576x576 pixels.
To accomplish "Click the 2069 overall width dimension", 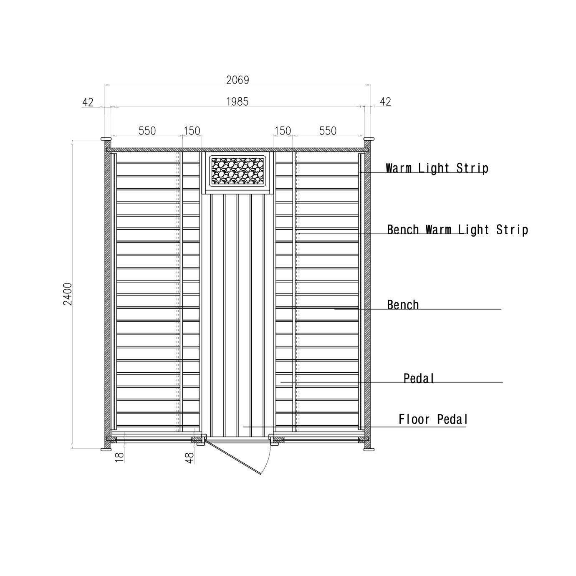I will tap(237, 80).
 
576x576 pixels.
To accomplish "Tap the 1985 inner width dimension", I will tap(237, 101).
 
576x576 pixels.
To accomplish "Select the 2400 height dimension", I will tap(68, 294).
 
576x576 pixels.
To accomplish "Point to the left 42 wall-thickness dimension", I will tap(88, 102).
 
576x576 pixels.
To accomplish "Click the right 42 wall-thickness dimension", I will tap(385, 101).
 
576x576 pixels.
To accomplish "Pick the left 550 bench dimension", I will tap(147, 131).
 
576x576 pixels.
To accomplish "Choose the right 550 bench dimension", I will tap(328, 131).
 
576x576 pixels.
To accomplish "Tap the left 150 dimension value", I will tap(192, 131).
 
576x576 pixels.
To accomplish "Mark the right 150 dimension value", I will tap(283, 131).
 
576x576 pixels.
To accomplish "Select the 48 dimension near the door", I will tap(190, 458).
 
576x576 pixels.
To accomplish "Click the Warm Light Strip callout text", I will tap(437, 168).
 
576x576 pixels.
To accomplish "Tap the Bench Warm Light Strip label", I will tap(457, 230).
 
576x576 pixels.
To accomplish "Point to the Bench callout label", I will tap(403, 305).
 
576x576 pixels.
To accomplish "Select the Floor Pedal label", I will tap(433, 419).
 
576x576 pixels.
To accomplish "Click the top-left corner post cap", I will tap(106, 139).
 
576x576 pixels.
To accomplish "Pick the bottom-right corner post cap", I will tap(369, 450).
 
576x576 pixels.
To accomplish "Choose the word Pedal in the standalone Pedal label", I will tap(419, 378).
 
